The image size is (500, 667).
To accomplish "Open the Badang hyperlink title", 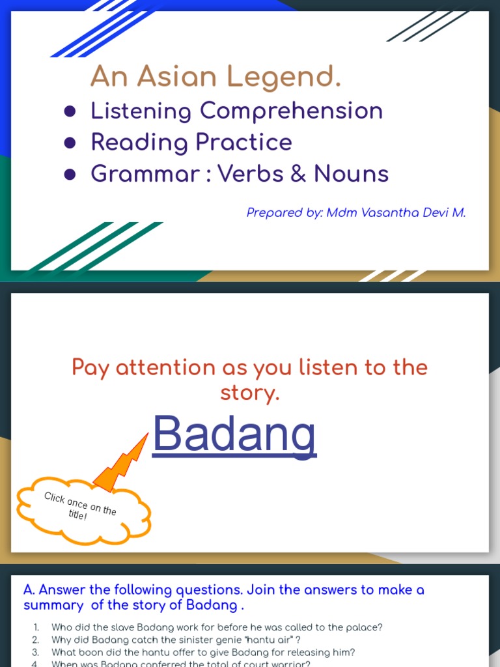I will pyautogui.click(x=234, y=434).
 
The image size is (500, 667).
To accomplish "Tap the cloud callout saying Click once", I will pyautogui.click(x=81, y=507).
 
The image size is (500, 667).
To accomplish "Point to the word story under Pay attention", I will pyautogui.click(x=250, y=393).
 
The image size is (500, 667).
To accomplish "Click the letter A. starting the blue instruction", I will pyautogui.click(x=29, y=590).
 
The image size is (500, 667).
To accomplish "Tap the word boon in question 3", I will pyautogui.click(x=87, y=652).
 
